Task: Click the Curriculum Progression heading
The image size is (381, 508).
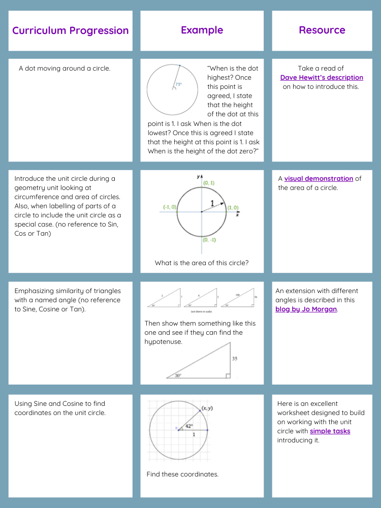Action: click(70, 30)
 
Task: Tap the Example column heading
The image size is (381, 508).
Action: click(202, 30)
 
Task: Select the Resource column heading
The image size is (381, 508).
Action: click(322, 30)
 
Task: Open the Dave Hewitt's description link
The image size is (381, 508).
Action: click(322, 78)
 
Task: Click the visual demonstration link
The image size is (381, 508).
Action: click(319, 178)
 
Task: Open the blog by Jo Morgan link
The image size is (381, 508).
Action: click(306, 309)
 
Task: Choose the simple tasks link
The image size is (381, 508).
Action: click(330, 431)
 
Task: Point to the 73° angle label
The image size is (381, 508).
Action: click(178, 85)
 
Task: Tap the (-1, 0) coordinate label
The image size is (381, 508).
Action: click(170, 207)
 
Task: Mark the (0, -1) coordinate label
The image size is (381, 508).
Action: click(209, 240)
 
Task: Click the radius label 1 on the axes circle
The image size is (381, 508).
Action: click(212, 203)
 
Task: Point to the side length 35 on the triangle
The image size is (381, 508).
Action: click(235, 359)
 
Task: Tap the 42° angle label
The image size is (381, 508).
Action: click(188, 426)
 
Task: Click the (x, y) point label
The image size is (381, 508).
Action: click(207, 408)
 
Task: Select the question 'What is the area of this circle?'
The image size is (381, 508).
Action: click(202, 263)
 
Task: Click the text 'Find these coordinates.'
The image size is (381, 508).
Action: click(182, 474)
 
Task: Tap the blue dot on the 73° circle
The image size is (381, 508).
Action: click(179, 66)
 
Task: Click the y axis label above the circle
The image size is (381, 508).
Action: click(198, 177)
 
